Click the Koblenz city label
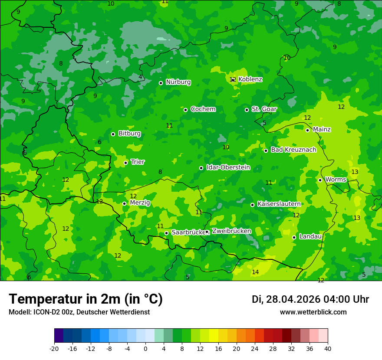tap(250, 79)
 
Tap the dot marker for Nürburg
tap(161, 83)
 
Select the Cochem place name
tap(203, 109)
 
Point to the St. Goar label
tap(264, 109)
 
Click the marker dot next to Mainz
tap(307, 130)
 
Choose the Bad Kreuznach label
tap(293, 150)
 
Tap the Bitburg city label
tap(129, 134)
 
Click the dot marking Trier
tap(125, 163)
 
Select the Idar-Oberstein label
tap(228, 167)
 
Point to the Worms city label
tap(336, 180)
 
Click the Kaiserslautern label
tap(279, 204)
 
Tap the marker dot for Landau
tap(294, 237)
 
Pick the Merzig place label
tap(140, 203)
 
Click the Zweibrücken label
tap(231, 231)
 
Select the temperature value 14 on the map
tap(255, 272)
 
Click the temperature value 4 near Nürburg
tap(140, 77)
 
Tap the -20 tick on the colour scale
tap(54, 348)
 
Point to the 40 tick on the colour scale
tap(327, 348)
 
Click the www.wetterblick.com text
tap(313, 312)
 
